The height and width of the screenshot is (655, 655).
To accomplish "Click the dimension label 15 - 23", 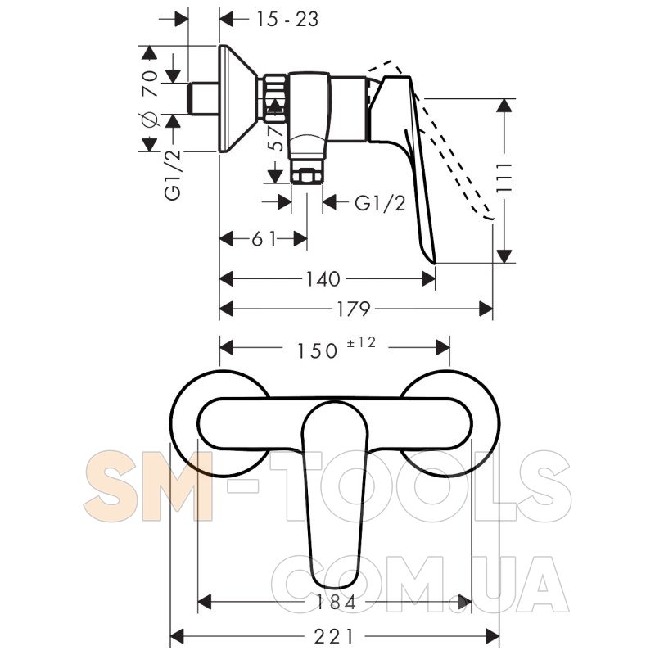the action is click(287, 19).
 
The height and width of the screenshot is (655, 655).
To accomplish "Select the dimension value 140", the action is click(323, 279).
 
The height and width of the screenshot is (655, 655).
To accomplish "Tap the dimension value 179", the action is click(354, 309).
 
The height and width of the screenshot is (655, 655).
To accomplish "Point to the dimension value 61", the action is click(264, 239).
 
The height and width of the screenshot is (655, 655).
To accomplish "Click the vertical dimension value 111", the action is click(504, 178).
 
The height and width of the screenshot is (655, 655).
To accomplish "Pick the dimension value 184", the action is click(335, 603).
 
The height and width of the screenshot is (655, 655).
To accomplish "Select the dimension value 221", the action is click(334, 637).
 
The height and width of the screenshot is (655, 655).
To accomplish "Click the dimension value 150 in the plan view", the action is click(317, 351).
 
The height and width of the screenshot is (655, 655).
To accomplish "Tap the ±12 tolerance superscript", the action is click(362, 342).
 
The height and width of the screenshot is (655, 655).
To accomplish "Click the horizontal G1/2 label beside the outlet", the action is click(380, 203).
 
